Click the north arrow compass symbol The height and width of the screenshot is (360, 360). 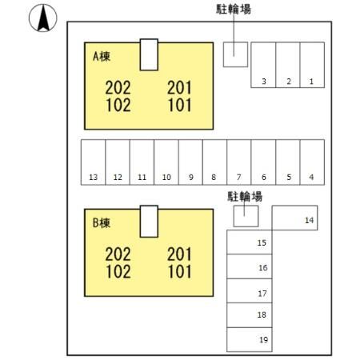click(x=43, y=18)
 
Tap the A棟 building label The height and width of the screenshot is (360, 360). click(x=102, y=57)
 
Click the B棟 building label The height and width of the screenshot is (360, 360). click(x=102, y=223)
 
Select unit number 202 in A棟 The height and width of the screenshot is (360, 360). click(x=118, y=88)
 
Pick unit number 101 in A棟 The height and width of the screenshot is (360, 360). click(x=180, y=105)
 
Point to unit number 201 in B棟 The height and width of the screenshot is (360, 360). click(x=179, y=254)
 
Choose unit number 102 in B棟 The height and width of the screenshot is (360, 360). click(x=118, y=271)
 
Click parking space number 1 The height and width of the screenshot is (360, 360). click(x=312, y=65)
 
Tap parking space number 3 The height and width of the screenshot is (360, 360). click(x=263, y=65)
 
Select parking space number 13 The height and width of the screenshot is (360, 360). click(x=94, y=162)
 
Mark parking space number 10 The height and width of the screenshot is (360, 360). click(x=166, y=162)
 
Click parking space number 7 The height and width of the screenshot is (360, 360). click(x=239, y=162)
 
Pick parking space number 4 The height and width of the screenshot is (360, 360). click(x=312, y=162)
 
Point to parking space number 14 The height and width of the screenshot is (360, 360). click(x=294, y=218)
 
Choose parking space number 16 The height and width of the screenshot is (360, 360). click(x=250, y=266)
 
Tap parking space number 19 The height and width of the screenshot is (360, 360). click(x=250, y=340)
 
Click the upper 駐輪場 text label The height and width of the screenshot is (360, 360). click(x=234, y=10)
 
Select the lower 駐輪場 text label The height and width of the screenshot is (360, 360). click(x=245, y=197)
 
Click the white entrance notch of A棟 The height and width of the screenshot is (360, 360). click(x=149, y=54)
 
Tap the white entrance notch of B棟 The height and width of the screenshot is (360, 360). click(x=149, y=222)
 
